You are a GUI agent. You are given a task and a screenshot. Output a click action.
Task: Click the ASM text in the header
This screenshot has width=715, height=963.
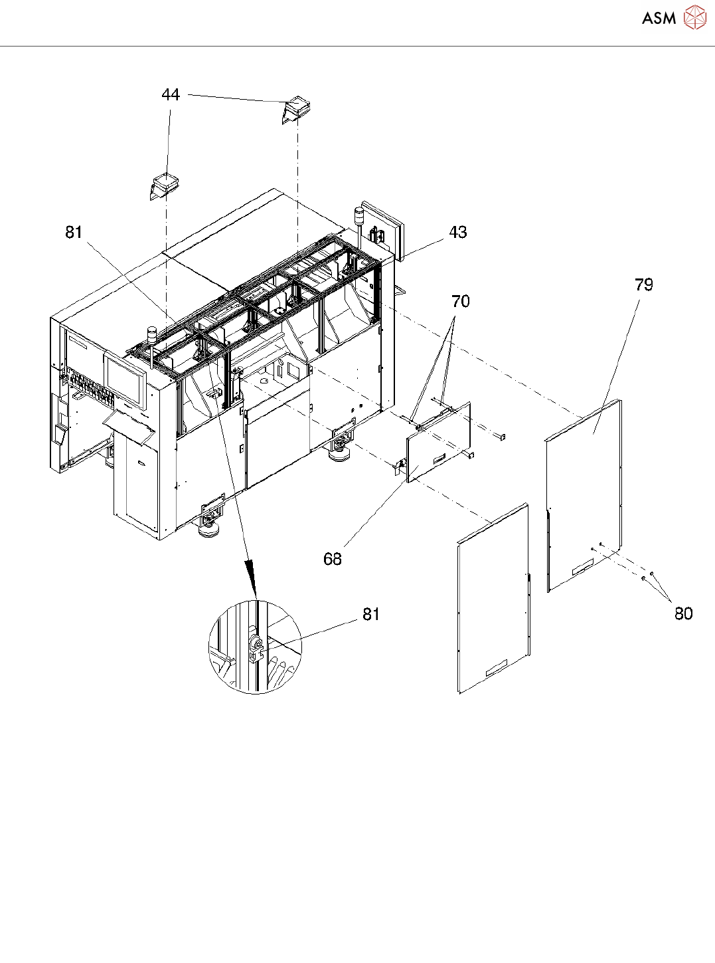point(659,19)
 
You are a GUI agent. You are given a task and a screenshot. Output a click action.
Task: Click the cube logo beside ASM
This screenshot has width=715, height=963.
point(694,18)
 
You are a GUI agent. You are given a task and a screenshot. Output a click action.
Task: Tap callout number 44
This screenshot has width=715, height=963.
point(171,95)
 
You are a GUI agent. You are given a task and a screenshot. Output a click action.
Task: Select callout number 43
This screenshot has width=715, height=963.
point(458,233)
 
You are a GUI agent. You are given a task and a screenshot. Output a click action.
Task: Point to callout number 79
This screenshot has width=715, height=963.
point(643,285)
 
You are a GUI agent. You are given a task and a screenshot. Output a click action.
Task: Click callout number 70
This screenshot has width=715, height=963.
point(460,302)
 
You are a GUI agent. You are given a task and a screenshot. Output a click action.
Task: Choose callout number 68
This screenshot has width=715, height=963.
point(332,559)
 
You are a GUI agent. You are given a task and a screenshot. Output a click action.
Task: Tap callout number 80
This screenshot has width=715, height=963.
point(683,613)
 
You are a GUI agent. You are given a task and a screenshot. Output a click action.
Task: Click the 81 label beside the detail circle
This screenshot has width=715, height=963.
point(370,615)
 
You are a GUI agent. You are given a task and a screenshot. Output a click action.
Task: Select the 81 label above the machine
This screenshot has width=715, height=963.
point(74,232)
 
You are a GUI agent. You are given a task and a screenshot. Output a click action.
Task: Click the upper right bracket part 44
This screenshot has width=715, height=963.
point(297,110)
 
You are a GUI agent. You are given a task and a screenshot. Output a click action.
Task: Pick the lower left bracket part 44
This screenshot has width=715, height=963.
point(163,185)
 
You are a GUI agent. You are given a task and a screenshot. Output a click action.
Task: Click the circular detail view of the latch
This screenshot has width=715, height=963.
point(255,647)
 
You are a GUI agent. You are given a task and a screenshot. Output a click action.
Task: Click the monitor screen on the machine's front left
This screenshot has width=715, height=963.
point(124,380)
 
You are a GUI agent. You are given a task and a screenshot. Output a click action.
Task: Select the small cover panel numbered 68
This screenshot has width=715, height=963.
point(439,441)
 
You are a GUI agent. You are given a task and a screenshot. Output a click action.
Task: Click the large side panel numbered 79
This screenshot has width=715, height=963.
point(584,495)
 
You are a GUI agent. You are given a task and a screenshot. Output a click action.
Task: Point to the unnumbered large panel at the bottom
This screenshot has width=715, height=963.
point(493,598)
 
